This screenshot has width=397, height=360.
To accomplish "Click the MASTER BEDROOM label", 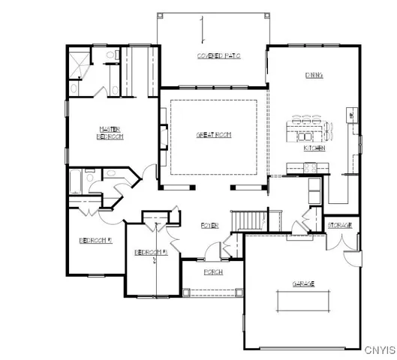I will point(110,132).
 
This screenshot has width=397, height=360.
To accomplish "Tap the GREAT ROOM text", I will point(213,134).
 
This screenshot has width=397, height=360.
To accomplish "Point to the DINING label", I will point(314,75).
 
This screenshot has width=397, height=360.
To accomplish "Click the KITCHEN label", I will point(313,148).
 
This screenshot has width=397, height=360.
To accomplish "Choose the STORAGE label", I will point(340,224).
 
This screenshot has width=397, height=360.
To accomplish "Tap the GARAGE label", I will point(303,283).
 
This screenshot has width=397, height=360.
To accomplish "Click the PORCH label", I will point(212,271).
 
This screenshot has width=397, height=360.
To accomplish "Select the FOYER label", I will point(209,225).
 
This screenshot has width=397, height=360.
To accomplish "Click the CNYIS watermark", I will point(379,349).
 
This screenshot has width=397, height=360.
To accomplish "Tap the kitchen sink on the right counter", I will point(350,115).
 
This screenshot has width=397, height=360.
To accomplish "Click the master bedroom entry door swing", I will point(150,172).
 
